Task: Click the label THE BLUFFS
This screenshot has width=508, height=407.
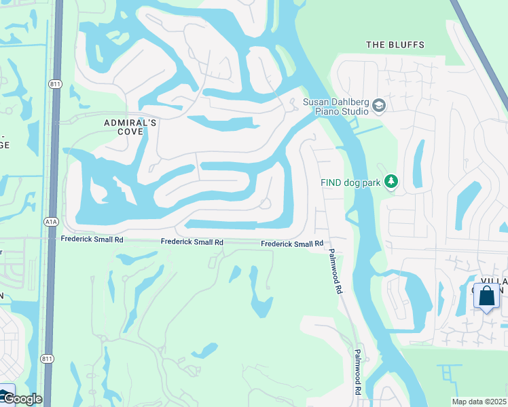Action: point(395,45)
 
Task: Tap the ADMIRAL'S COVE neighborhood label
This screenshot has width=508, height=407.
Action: point(130,127)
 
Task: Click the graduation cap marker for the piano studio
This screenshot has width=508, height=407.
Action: point(378,106)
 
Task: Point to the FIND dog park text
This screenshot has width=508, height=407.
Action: point(350,182)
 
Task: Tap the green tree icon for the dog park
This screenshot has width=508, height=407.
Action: point(391,182)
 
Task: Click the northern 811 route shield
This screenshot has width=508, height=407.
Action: point(54,83)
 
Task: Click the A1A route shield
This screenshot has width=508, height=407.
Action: point(51,221)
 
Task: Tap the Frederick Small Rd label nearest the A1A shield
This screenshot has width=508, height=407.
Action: point(92,239)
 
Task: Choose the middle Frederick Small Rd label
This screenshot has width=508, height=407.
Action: point(192,242)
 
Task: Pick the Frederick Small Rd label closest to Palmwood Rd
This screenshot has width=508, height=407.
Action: point(292,244)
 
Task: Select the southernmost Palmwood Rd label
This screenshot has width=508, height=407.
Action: point(357,373)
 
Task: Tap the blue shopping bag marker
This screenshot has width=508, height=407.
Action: point(486,297)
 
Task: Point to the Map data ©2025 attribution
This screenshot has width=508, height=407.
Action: point(479,402)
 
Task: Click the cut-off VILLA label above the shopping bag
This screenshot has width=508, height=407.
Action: point(494,281)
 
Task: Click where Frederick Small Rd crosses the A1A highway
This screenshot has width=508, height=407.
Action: point(50,238)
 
